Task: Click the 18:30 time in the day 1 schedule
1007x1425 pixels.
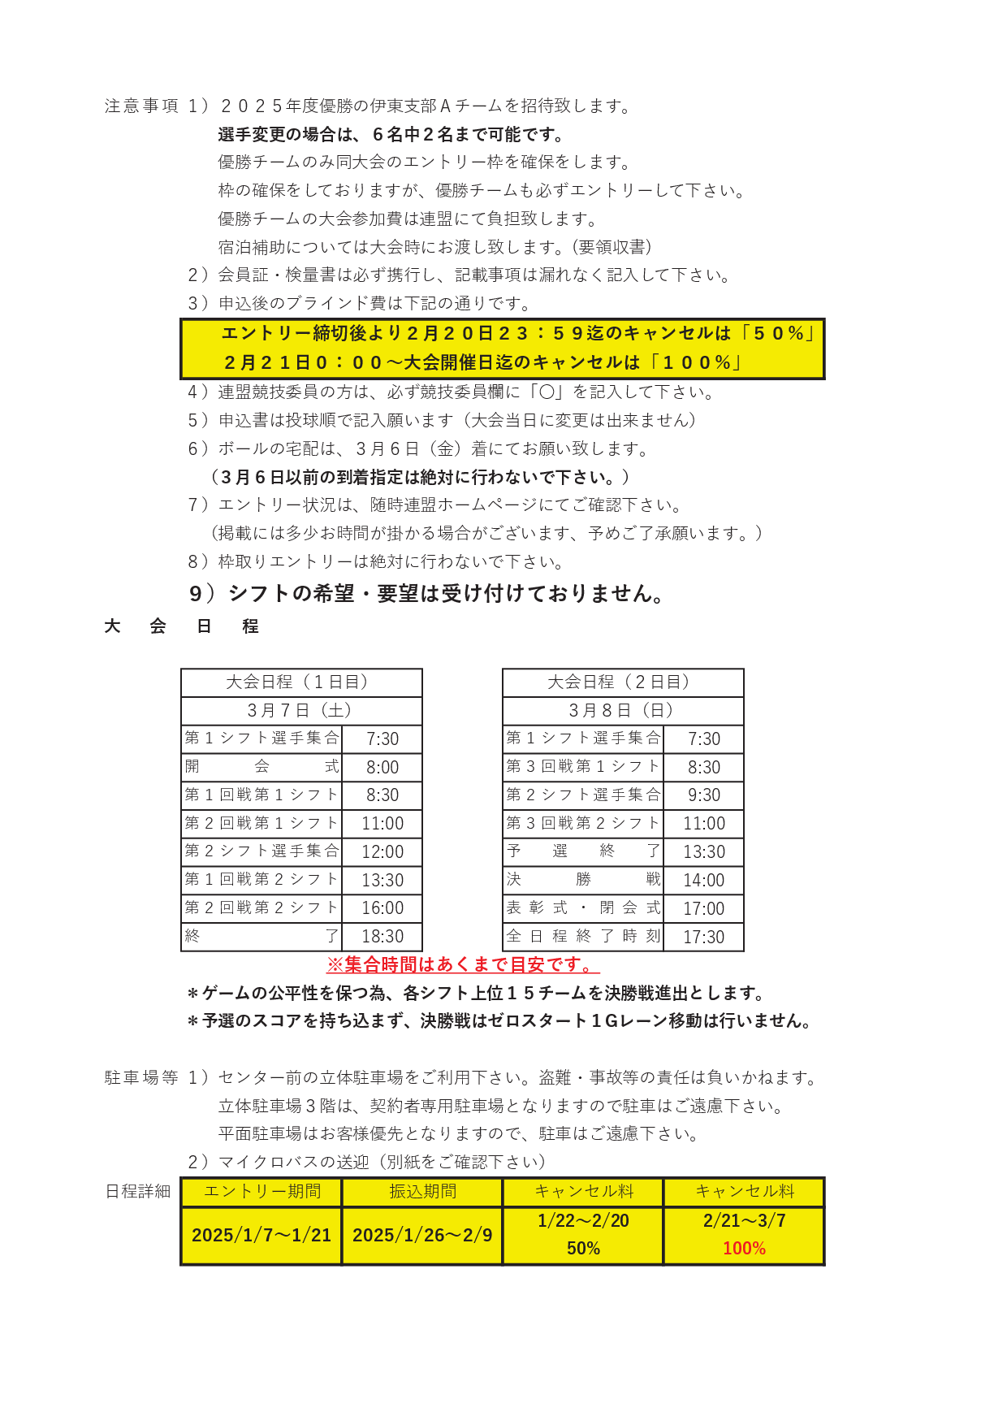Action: coord(382,937)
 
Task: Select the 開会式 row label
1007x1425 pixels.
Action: coord(261,767)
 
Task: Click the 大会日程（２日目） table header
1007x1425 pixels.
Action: coord(623,682)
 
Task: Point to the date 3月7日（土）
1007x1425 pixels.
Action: coord(301,711)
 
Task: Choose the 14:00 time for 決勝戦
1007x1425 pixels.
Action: coord(703,881)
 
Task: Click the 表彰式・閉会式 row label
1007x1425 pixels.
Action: coord(583,908)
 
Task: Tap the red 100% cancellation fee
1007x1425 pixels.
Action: coord(744,1249)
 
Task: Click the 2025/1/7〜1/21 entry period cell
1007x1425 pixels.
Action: coord(261,1236)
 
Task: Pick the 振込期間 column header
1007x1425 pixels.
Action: coord(422,1192)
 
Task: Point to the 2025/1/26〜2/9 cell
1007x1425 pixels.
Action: coord(422,1236)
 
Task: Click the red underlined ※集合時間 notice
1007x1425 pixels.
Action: coord(463,965)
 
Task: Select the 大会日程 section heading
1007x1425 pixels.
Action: coord(181,626)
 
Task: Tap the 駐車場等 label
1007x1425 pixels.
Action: coord(141,1078)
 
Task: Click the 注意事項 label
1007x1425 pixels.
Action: coord(141,106)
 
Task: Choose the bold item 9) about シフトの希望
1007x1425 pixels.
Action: coord(427,594)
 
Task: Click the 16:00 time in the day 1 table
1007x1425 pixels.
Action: coord(382,908)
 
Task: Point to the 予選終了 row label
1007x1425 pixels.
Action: coord(583,852)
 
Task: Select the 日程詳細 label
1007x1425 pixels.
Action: coord(138,1192)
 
